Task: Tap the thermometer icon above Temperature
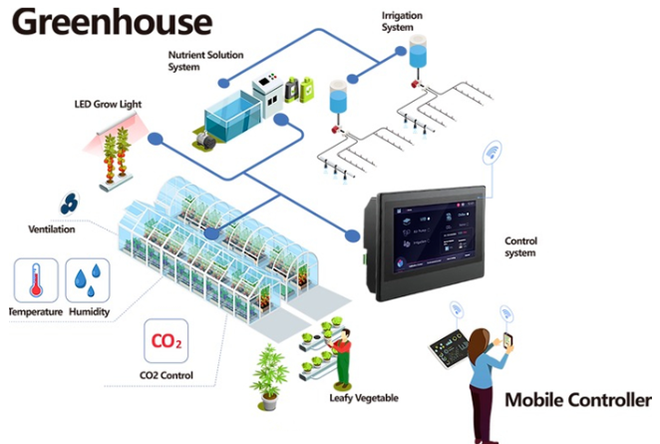35,280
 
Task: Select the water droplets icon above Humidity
87,280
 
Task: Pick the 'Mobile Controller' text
577,401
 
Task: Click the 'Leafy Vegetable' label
363,398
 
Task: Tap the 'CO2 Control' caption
166,375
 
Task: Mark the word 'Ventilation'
53,229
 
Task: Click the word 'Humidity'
88,312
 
